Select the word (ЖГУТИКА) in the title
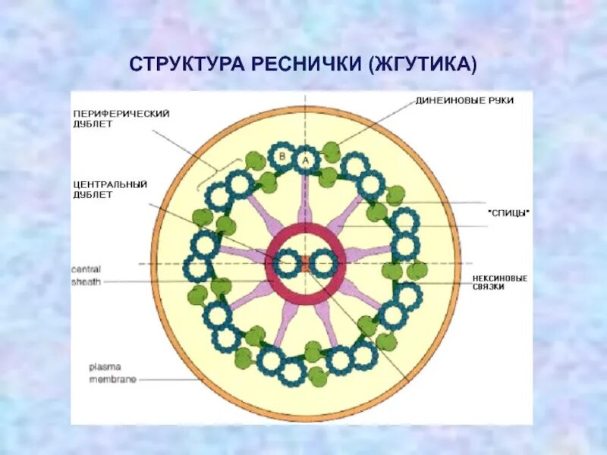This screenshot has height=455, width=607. coord(422,64)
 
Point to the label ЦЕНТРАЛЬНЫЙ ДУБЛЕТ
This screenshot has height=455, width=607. coord(110,188)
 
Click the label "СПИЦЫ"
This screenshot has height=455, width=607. coord(508,213)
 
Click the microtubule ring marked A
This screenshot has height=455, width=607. coord(306,160)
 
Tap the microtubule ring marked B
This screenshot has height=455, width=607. coord(282,156)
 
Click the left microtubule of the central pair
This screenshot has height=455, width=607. coord(287,264)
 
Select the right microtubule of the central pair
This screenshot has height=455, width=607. coord(324,264)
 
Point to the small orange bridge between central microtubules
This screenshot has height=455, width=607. coord(305,264)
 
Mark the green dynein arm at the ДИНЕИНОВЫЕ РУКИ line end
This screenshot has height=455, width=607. coord(331,149)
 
